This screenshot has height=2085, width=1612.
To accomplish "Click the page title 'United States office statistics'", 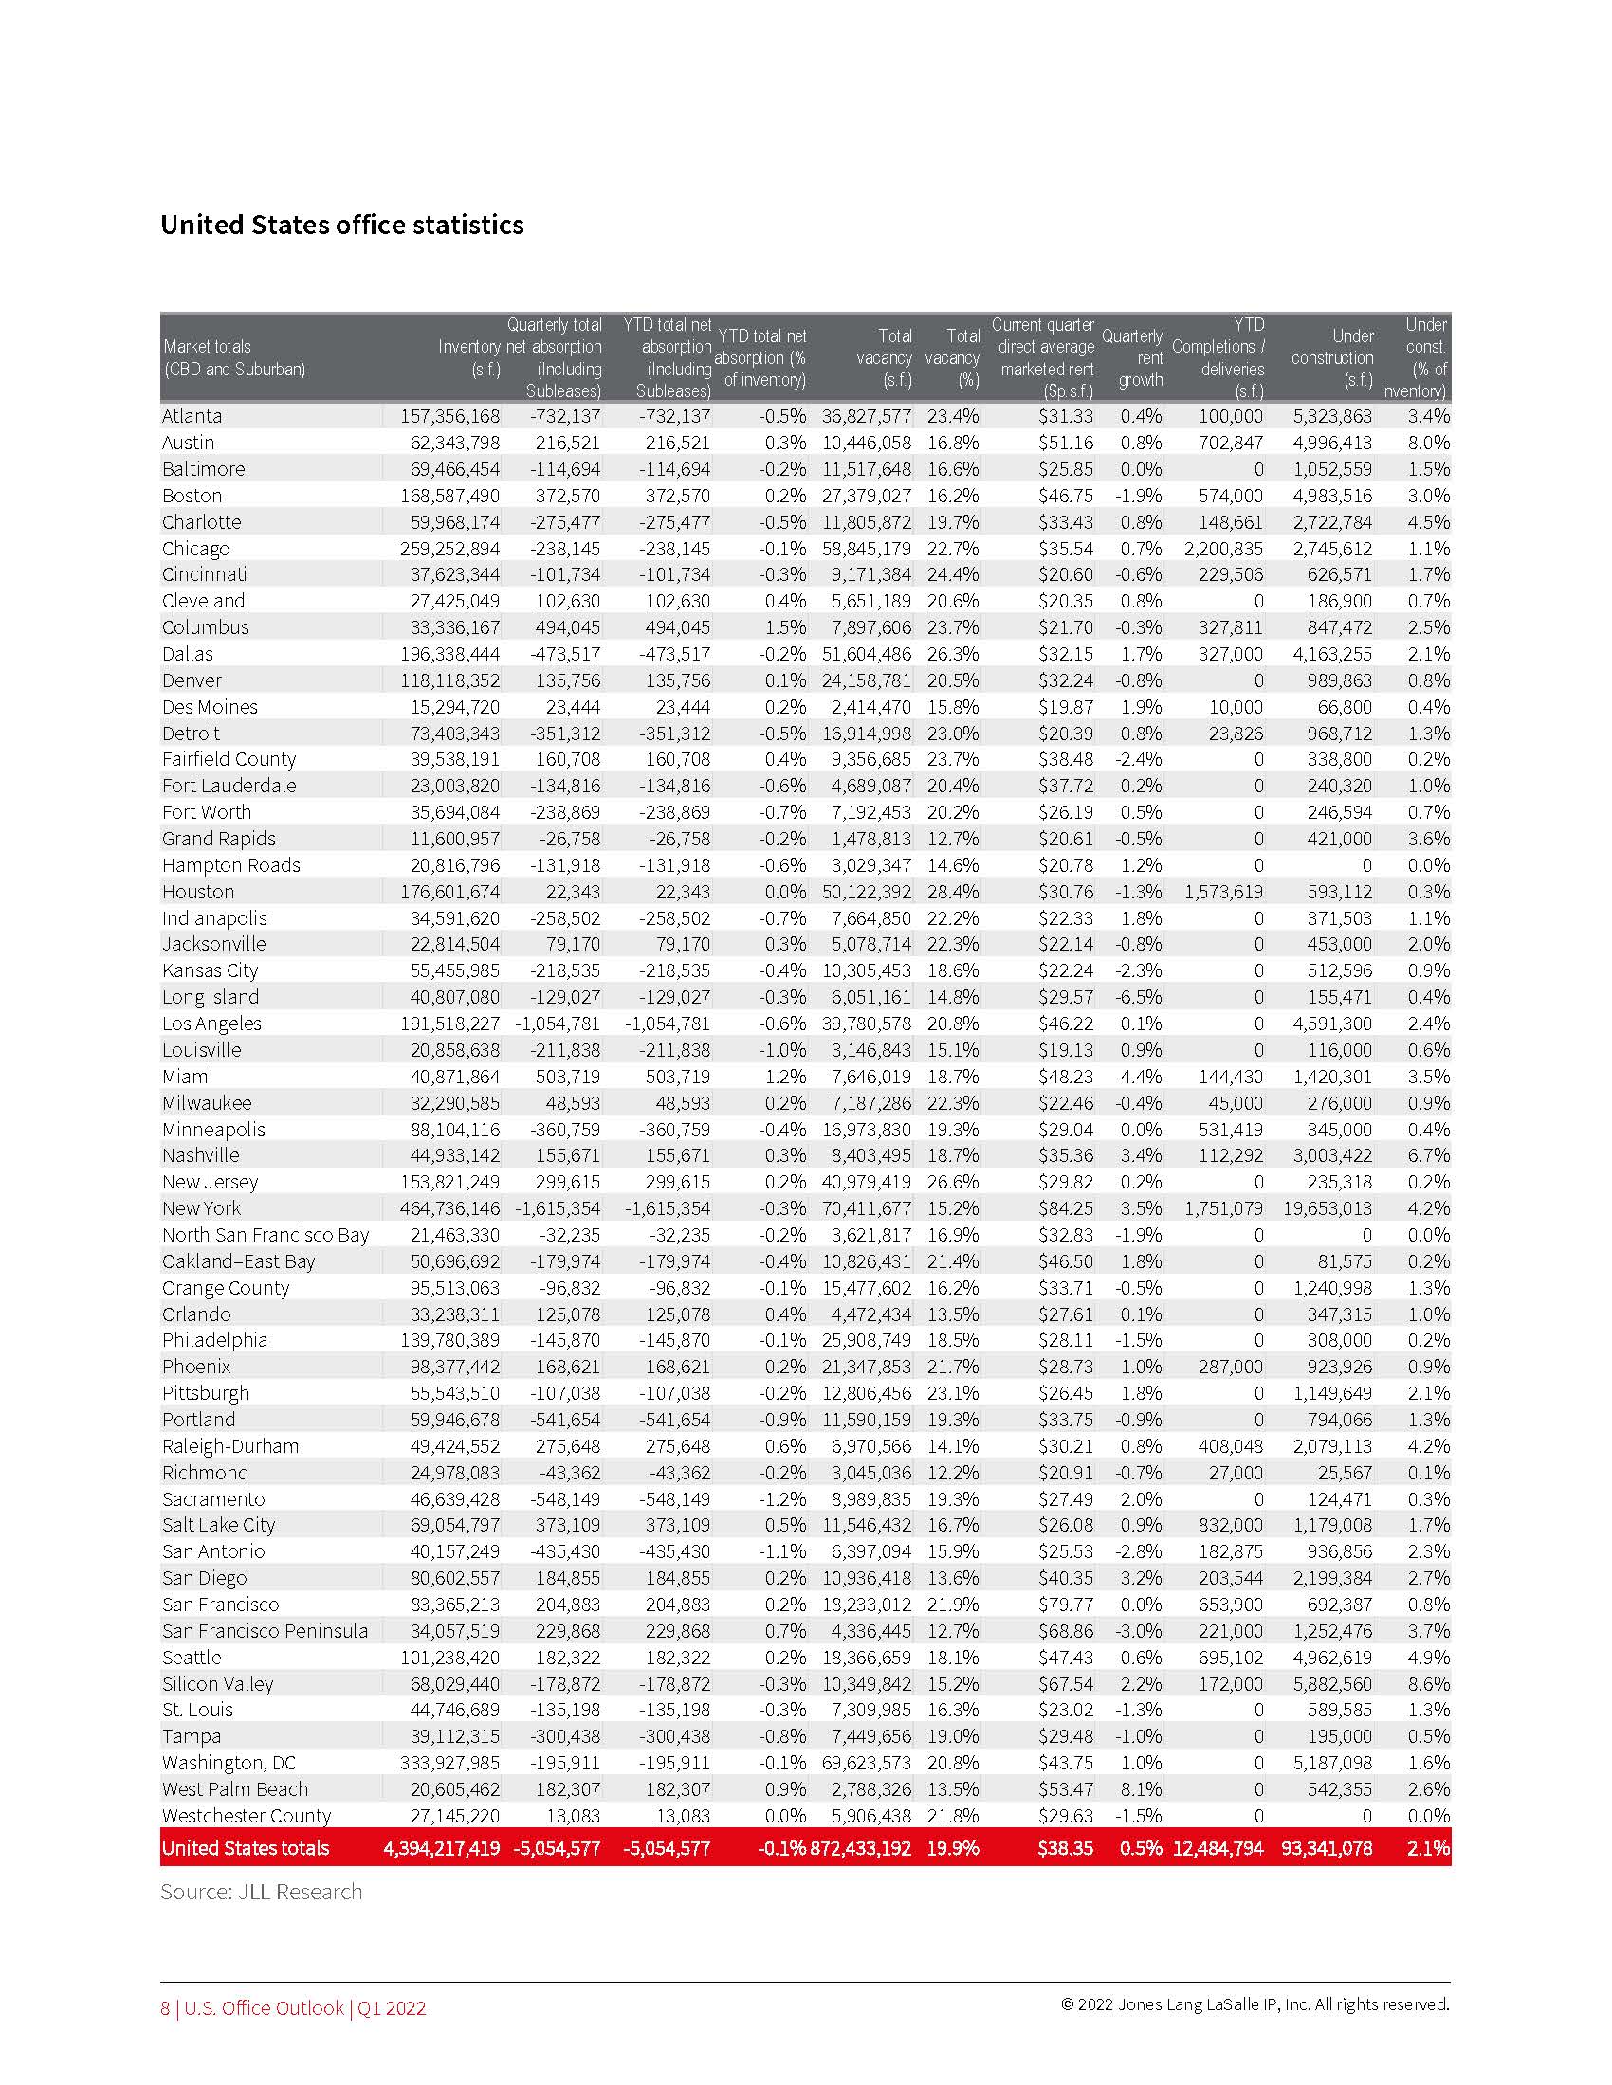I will click(342, 226).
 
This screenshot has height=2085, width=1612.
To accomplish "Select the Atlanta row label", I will click(192, 416).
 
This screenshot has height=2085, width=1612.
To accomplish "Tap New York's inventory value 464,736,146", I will click(449, 1208).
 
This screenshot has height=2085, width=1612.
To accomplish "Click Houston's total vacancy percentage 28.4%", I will click(952, 892).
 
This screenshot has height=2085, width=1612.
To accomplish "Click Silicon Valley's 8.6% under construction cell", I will click(1428, 1684).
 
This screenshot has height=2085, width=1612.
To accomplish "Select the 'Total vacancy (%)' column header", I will click(952, 358).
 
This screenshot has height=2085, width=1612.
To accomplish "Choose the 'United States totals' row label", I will click(246, 1848).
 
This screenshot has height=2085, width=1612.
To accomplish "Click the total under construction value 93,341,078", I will click(1327, 1848).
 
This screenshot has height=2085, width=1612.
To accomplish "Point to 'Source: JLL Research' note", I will click(262, 1893).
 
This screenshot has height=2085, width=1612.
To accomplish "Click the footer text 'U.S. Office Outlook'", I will click(264, 2008).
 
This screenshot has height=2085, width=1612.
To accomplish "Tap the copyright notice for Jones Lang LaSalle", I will click(1255, 2004).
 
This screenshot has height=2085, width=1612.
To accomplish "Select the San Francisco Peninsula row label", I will click(265, 1632).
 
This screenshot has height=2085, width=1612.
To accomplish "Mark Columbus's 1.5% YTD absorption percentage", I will click(785, 627).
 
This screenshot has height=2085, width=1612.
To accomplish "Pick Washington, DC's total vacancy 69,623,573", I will click(866, 1764).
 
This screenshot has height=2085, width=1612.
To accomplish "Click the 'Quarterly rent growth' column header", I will click(1132, 358).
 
